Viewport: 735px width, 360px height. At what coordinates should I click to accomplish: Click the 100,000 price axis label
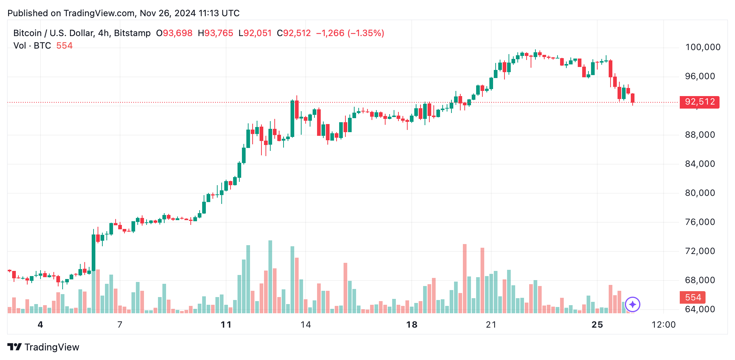(703, 47)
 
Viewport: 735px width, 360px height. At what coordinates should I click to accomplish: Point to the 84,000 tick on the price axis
(700, 164)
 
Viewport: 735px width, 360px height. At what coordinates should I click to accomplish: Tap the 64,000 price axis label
(700, 309)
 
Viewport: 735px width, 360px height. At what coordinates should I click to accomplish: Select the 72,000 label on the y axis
(700, 251)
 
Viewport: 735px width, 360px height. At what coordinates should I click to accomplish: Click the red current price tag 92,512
(699, 102)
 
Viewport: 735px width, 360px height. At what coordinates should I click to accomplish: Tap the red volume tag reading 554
(693, 297)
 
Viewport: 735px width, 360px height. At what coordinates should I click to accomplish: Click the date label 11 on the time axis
(226, 325)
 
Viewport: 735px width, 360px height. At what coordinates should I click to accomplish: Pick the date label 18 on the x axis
(412, 325)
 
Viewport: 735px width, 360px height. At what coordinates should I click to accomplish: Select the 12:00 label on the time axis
(664, 325)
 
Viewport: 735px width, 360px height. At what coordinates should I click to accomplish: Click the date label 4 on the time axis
(41, 325)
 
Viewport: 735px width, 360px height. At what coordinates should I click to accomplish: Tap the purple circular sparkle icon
(633, 304)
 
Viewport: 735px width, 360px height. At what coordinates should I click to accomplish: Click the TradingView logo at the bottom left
(43, 347)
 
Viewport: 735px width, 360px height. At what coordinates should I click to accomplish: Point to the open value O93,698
(174, 33)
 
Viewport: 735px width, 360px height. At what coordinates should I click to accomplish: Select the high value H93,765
(215, 33)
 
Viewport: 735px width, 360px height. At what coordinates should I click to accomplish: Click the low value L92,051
(255, 33)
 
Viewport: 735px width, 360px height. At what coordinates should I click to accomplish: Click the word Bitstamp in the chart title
(132, 33)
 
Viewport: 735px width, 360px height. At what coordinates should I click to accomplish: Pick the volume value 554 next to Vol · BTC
(64, 46)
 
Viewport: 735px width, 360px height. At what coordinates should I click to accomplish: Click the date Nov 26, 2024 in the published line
(168, 13)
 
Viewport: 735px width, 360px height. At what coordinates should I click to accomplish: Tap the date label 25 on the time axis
(597, 325)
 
